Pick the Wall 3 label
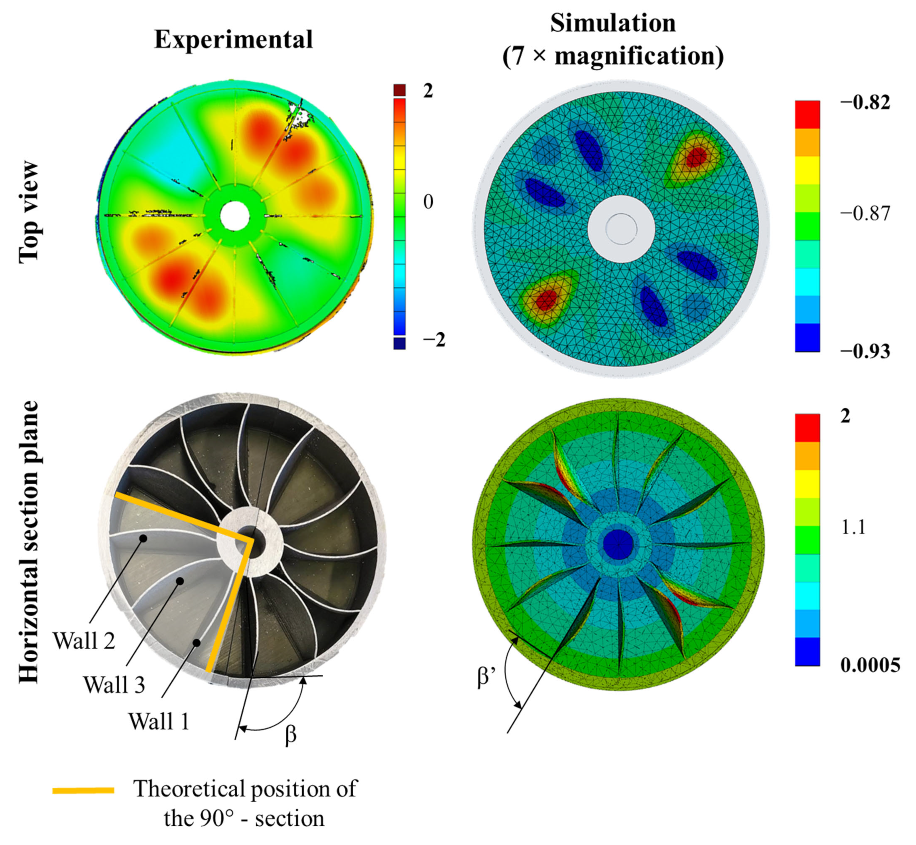(114, 685)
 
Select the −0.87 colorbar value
(865, 213)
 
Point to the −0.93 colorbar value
(865, 351)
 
